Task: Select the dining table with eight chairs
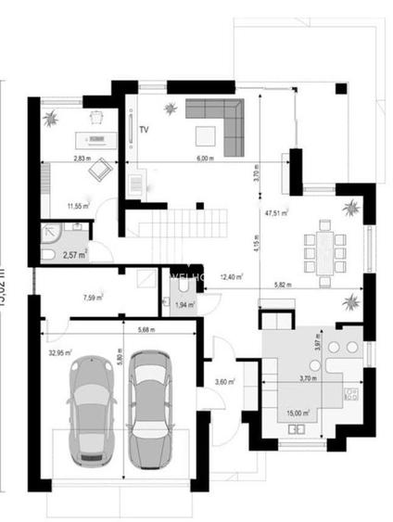point(325,246)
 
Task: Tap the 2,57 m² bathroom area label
point(74,254)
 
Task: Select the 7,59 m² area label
point(92,298)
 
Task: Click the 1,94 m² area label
point(184,304)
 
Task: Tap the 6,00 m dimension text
point(205,159)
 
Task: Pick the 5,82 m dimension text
point(283,285)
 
